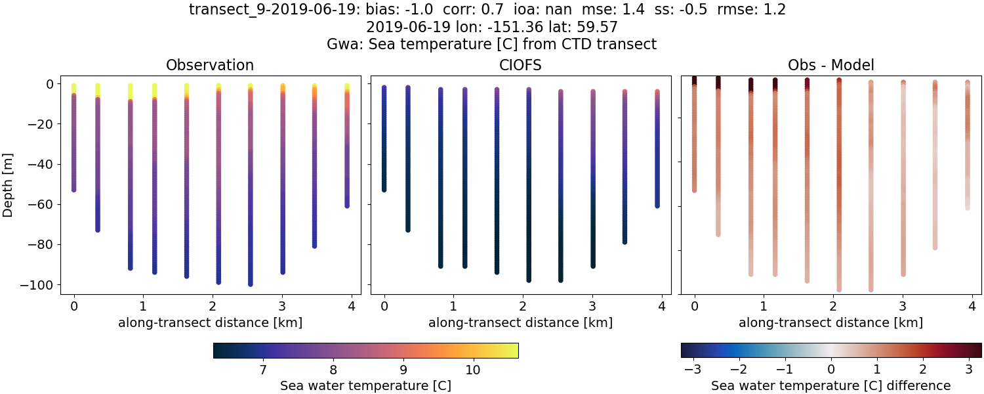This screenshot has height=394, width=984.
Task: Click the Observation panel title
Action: click(210, 65)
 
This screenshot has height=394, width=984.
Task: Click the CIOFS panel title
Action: click(521, 65)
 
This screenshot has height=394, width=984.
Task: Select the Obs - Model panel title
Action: click(830, 65)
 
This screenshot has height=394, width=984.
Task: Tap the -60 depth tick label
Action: click(45, 204)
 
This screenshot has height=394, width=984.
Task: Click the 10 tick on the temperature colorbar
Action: click(472, 370)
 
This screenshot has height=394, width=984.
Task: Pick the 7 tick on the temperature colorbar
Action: click(263, 370)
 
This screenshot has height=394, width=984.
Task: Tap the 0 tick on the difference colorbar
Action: click(831, 370)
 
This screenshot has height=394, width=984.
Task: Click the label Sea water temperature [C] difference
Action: click(830, 385)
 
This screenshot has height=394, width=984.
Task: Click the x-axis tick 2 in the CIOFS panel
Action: click(523, 305)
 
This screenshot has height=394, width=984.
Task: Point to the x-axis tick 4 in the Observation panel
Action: click(352, 305)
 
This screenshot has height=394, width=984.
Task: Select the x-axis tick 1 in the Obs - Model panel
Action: click(764, 305)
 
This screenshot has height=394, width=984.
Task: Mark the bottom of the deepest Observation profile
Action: click(251, 284)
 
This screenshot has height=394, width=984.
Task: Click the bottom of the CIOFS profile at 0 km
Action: click(384, 190)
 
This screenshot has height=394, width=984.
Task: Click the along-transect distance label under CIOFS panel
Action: click(521, 322)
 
